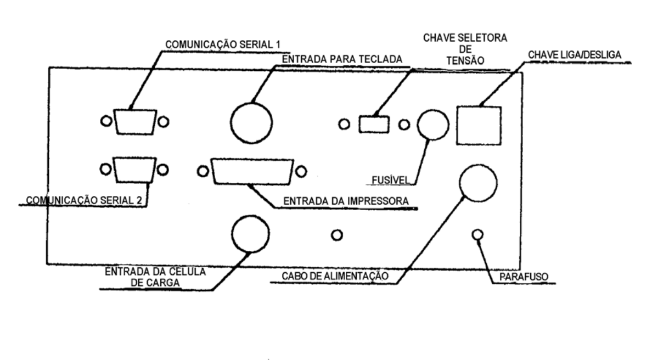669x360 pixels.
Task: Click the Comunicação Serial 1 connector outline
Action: (115, 122)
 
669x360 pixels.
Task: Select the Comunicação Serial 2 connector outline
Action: (114, 170)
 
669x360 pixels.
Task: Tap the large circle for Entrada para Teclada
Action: (231, 123)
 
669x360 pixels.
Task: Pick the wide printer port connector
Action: (212, 171)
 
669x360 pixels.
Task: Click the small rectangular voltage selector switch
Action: (359, 124)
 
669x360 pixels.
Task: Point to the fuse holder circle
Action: (418, 125)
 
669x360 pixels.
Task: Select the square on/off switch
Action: (457, 126)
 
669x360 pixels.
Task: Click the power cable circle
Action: (460, 183)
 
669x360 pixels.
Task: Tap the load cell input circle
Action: (232, 234)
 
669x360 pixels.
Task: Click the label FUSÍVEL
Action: (391, 180)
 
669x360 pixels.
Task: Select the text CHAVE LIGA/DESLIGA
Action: (575, 55)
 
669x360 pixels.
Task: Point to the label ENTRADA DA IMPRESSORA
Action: (346, 201)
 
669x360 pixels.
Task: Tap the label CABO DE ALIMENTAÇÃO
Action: (335, 276)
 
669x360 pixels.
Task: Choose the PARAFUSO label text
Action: (524, 277)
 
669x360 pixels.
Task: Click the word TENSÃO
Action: (465, 61)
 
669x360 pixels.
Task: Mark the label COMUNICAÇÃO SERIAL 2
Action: (84, 200)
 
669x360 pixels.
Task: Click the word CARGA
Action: (155, 283)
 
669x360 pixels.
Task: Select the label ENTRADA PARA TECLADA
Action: (342, 59)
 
